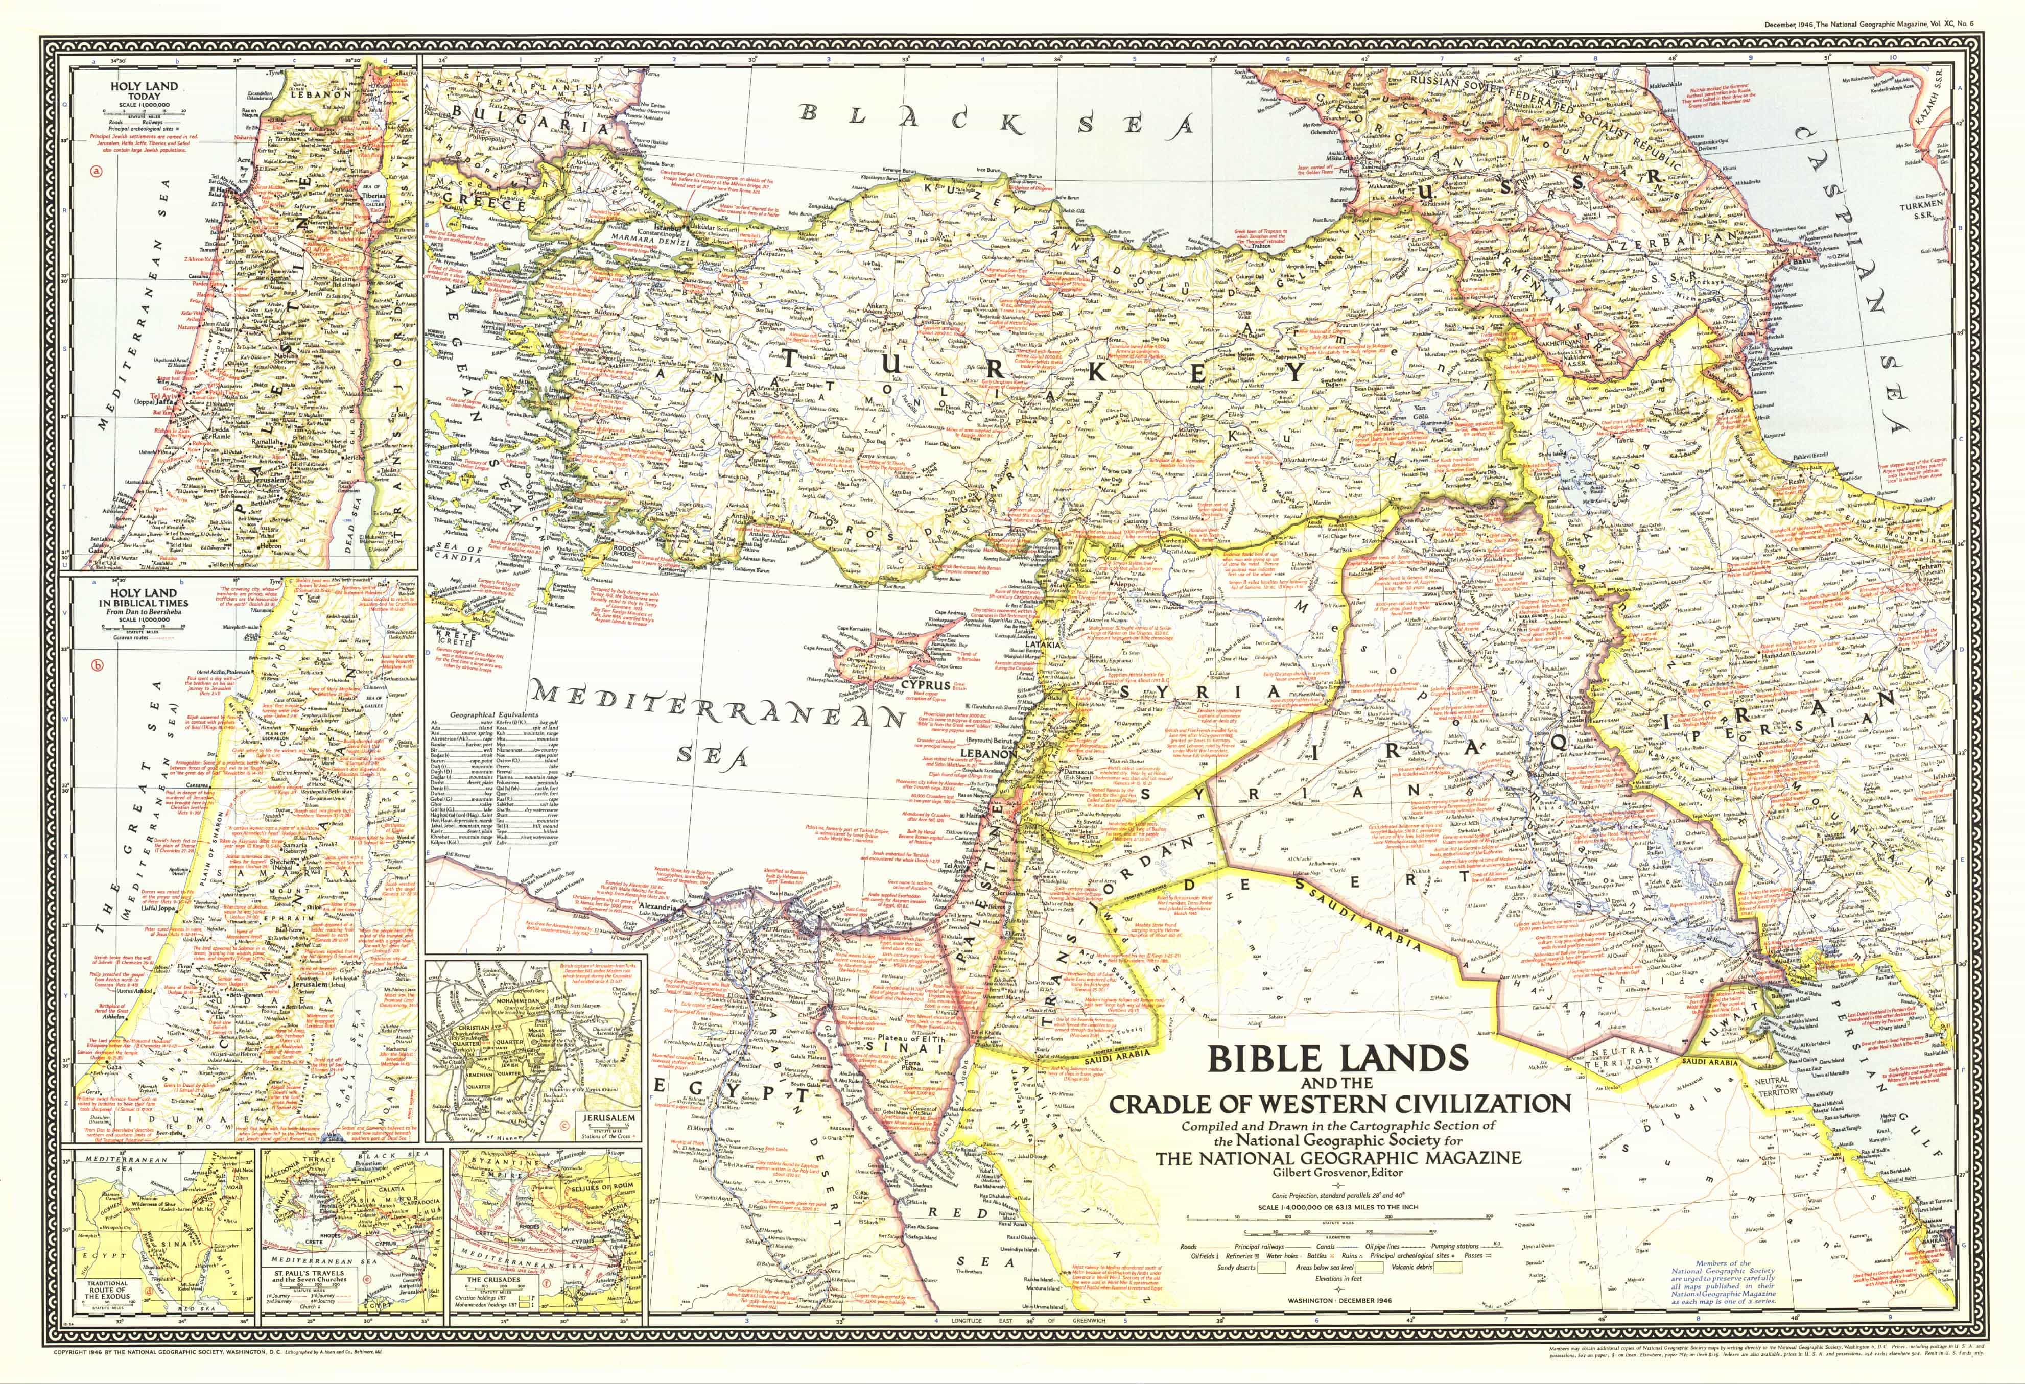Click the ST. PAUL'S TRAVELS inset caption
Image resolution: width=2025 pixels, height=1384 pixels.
tap(310, 1276)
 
